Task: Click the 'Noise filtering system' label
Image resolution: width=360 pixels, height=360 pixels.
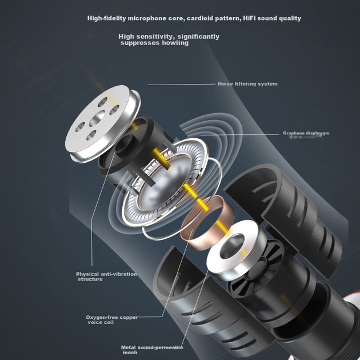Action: (x=247, y=84)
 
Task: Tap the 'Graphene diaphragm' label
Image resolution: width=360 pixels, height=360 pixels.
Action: (x=306, y=133)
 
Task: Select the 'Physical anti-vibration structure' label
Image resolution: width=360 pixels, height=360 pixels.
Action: (x=106, y=277)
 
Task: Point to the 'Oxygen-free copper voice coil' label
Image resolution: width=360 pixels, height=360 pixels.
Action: (x=111, y=319)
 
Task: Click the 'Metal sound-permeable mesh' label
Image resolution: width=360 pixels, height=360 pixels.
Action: (x=152, y=350)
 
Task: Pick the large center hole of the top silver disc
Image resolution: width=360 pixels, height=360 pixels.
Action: (x=97, y=118)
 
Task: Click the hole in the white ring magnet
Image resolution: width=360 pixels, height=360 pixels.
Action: (x=231, y=246)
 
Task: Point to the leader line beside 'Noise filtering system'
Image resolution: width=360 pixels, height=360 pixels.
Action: (x=181, y=85)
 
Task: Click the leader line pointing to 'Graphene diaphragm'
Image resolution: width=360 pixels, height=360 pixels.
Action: (x=240, y=134)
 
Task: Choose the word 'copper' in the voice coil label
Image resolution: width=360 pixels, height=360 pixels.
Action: (x=129, y=318)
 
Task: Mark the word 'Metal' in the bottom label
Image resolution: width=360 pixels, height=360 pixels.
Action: (x=129, y=347)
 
